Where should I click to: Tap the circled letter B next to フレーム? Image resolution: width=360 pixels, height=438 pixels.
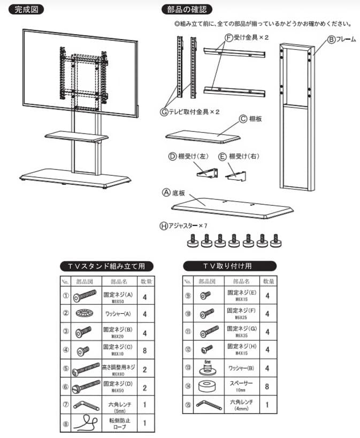click(x=331, y=39)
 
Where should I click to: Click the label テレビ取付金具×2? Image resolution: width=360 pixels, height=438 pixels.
click(x=190, y=112)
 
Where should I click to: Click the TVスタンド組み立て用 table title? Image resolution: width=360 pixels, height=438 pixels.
click(x=106, y=266)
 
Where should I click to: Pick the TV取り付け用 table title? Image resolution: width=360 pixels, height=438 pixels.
click(x=229, y=266)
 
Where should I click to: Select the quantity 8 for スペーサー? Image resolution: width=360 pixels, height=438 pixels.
click(x=267, y=386)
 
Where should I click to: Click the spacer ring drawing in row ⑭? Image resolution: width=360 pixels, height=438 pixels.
click(x=206, y=386)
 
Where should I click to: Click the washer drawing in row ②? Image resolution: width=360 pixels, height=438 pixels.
click(x=85, y=313)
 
